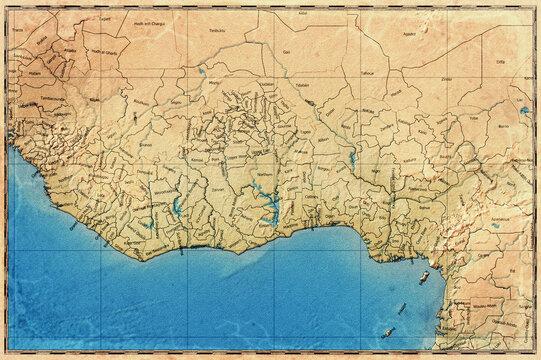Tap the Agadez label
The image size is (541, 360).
coord(408,34)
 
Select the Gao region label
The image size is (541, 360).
coord(288,51)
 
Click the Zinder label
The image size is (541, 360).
coord(446,77)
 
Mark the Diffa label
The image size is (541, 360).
coord(500,62)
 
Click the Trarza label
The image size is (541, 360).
coord(18,30)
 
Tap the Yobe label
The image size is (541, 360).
coord(473,118)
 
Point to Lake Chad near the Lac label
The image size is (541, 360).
coord(524,110)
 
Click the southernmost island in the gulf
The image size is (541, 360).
coord(387,332)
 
